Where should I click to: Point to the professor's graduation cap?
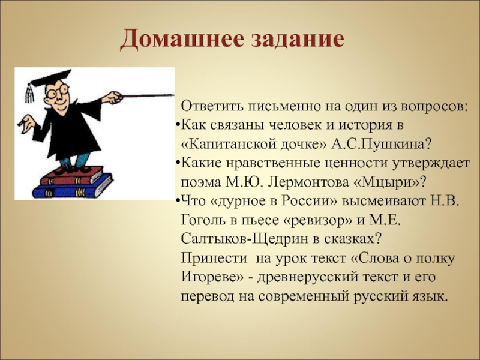click(51, 78)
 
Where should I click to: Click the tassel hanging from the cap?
click(29, 93)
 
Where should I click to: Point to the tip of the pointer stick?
click(173, 95)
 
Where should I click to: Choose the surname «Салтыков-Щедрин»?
click(244, 239)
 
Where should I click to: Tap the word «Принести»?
click(214, 259)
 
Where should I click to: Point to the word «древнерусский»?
click(308, 278)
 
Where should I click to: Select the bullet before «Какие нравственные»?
click(178, 163)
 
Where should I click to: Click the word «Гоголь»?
click(205, 220)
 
